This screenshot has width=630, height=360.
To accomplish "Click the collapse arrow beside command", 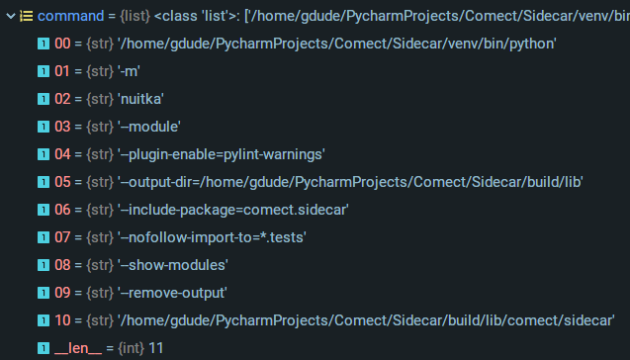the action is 9,16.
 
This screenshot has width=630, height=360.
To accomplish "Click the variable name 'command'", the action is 70,16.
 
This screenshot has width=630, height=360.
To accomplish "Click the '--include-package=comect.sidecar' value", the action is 223,210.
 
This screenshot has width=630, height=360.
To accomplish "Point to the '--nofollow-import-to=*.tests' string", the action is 213,237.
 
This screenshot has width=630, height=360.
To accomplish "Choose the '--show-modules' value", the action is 173,265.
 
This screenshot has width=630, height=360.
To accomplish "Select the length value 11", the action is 155,348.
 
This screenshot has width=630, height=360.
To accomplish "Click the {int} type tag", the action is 130,348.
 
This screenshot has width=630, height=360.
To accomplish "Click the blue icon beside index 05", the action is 43,182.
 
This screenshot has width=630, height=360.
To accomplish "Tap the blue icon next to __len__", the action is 43,348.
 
